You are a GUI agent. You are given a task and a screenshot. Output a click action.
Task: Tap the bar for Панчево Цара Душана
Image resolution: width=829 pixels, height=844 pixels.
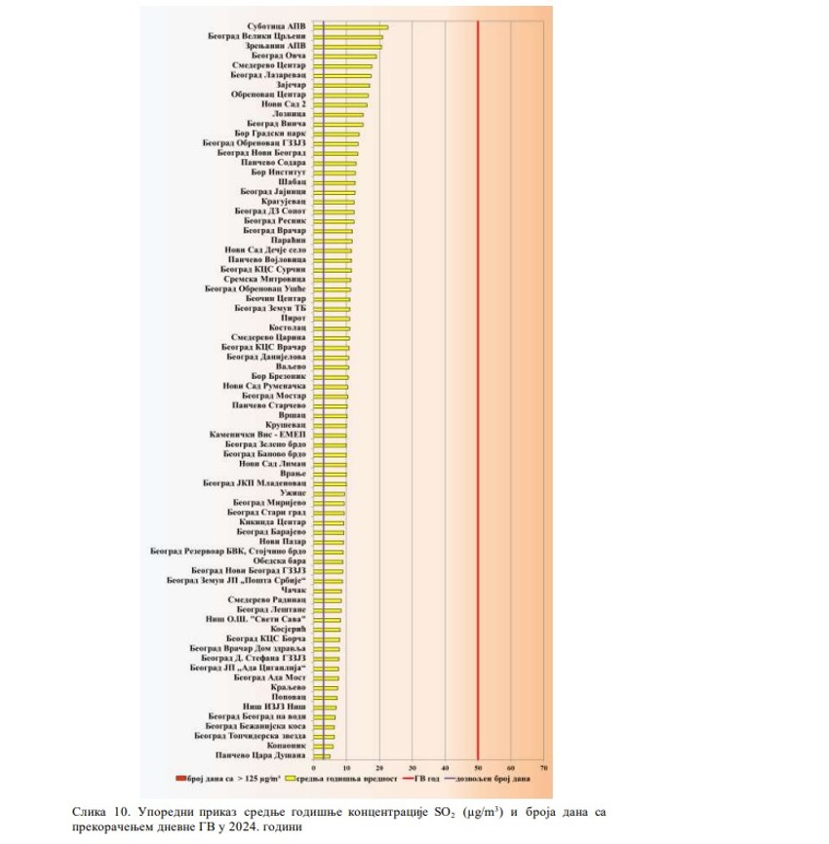tap(321, 755)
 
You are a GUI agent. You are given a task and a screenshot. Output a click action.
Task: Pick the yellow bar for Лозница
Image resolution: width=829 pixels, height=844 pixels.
tap(338, 115)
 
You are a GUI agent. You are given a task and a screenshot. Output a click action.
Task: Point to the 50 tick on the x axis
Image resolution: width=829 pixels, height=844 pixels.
tap(478, 767)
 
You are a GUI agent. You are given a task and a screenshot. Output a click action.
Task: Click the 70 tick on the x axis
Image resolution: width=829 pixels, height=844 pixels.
tap(543, 767)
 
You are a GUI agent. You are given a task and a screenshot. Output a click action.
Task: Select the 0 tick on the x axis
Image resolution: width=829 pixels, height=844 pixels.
tap(313, 767)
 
